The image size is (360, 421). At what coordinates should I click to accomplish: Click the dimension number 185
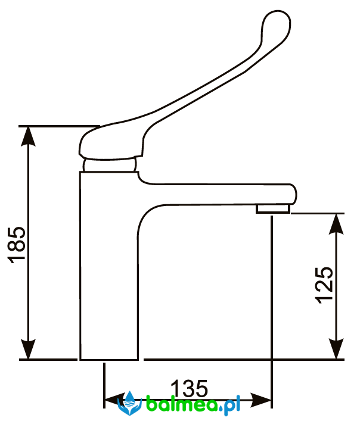[17, 245]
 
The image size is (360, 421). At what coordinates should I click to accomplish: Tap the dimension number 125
[325, 285]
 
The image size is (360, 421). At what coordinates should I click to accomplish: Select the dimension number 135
[190, 388]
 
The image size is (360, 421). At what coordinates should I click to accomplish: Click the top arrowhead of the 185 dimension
[28, 136]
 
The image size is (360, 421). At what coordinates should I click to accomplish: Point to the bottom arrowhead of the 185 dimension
[28, 349]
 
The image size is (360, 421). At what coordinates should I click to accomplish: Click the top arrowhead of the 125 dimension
[336, 224]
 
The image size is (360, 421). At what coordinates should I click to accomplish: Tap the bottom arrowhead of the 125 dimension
[336, 349]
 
